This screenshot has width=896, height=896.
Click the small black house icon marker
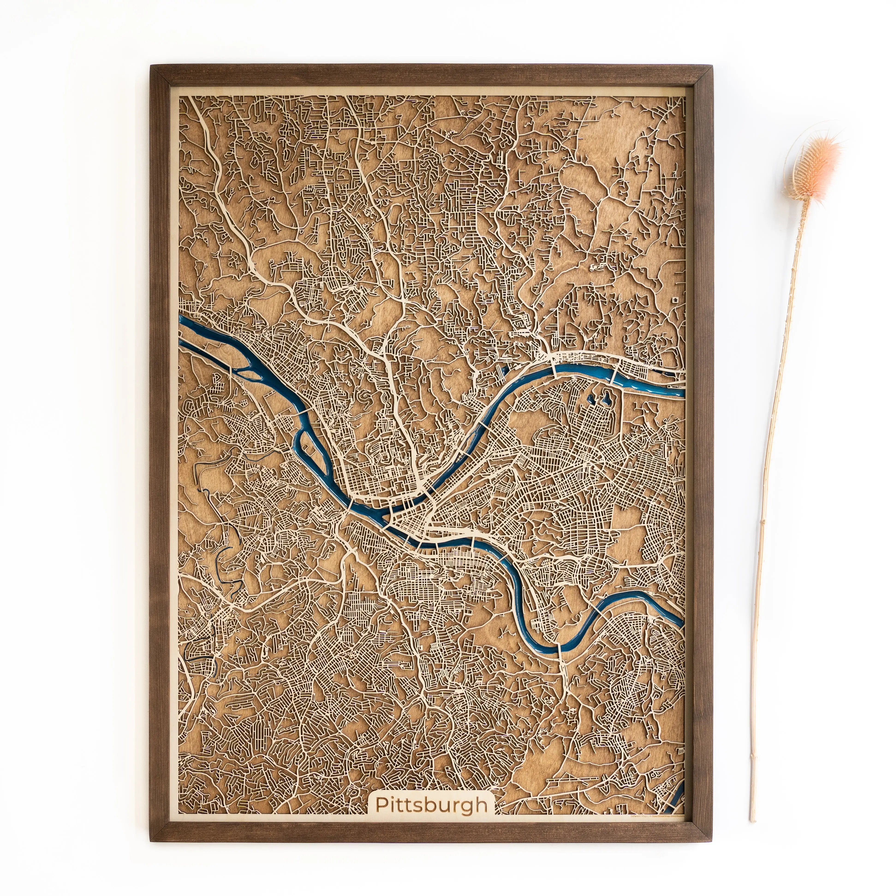pyautogui.click(x=677, y=300)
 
